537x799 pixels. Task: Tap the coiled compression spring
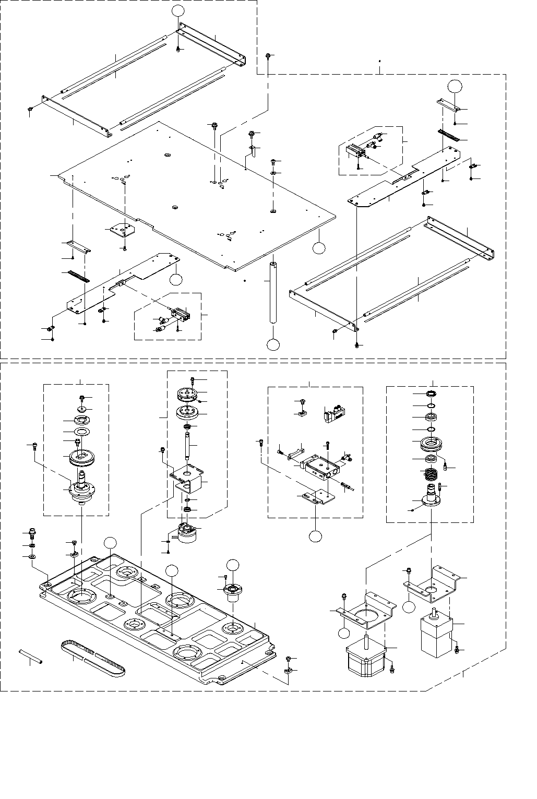(x=430, y=475)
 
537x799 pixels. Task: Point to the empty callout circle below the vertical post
(x=273, y=344)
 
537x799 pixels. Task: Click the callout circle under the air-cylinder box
(x=315, y=535)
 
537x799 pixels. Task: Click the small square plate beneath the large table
(x=120, y=230)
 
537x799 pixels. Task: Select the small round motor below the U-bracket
(x=187, y=533)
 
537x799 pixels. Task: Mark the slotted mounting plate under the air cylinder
(x=317, y=496)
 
